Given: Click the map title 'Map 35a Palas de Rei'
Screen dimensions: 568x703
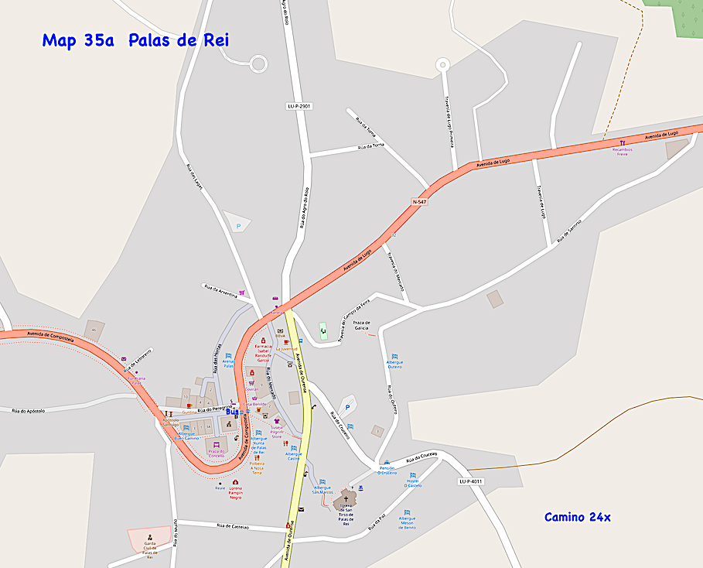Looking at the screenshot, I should pyautogui.click(x=135, y=40).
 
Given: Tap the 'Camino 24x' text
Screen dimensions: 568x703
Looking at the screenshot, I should pyautogui.click(x=577, y=517).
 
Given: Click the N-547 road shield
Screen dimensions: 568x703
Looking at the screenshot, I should pyautogui.click(x=419, y=201).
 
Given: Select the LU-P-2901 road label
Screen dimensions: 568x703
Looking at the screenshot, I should pyautogui.click(x=299, y=106).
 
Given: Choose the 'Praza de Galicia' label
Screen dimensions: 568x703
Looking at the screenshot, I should pyautogui.click(x=362, y=325).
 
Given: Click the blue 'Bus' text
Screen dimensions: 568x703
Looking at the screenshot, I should pyautogui.click(x=233, y=412).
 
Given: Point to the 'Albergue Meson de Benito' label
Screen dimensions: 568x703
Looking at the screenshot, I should pyautogui.click(x=407, y=522).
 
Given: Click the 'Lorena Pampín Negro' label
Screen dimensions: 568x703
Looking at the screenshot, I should pyautogui.click(x=235, y=492).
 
